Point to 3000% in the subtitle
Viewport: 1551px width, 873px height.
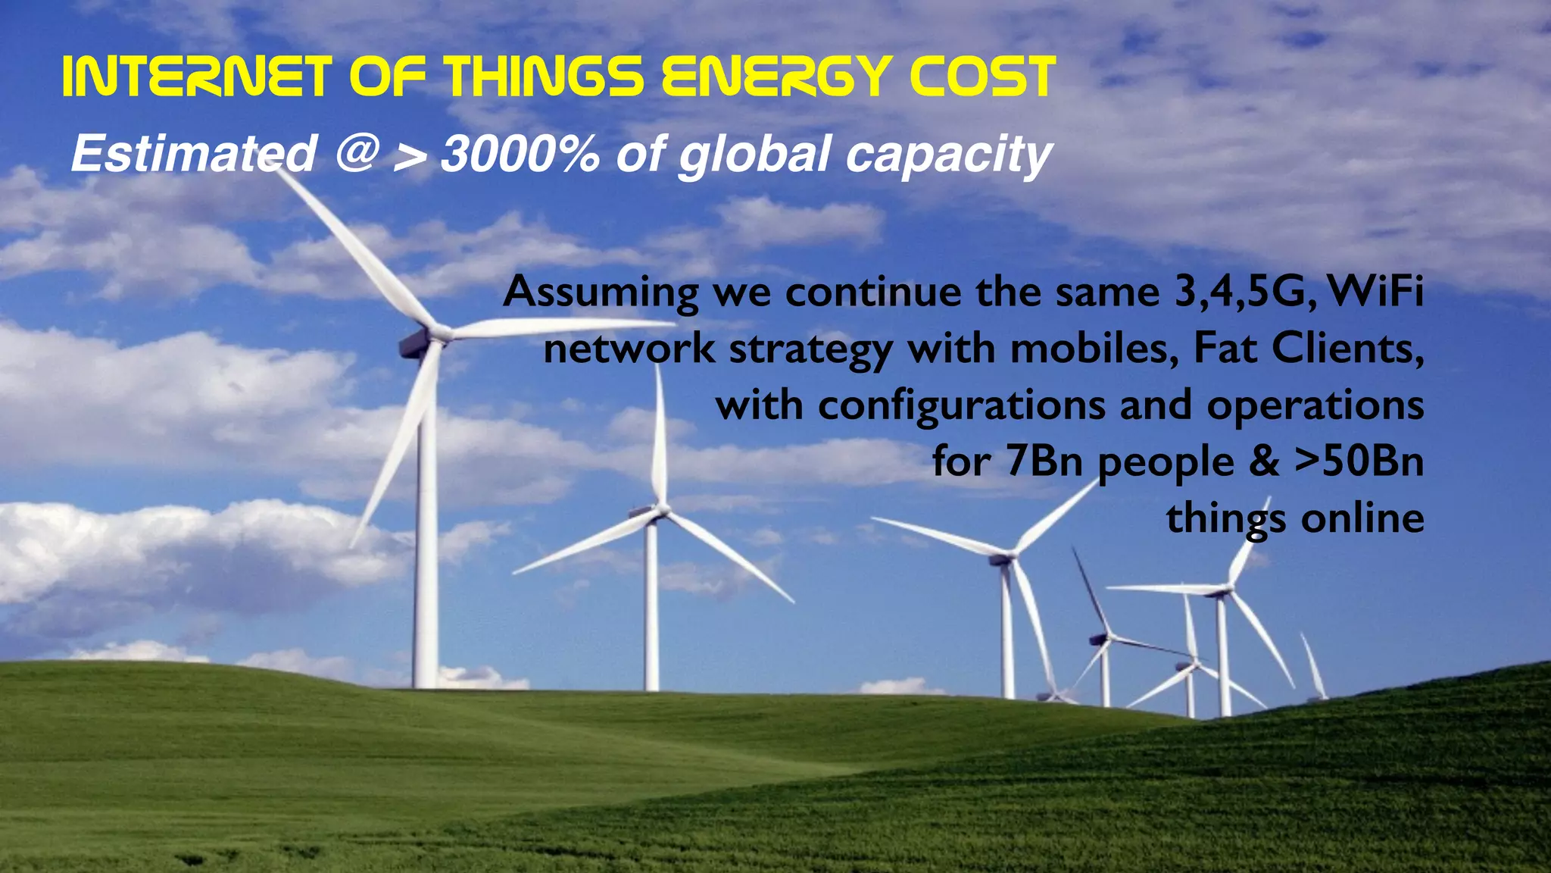click(x=520, y=154)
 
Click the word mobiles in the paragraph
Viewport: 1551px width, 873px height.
click(x=1094, y=349)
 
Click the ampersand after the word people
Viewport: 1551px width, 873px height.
click(x=1264, y=462)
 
